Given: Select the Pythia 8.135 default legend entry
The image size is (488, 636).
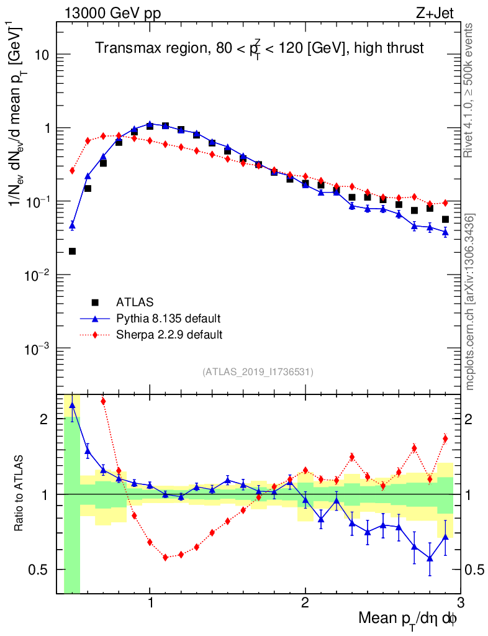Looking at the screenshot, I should [x=168, y=319].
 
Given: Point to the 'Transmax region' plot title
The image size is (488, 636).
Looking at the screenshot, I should [x=259, y=48].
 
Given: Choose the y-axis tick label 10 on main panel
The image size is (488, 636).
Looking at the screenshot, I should [x=42, y=55].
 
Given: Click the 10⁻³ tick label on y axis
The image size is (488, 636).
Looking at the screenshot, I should [x=38, y=348].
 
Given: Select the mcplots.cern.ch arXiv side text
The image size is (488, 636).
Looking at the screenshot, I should [x=470, y=302].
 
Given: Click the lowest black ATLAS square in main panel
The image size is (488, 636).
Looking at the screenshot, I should [x=72, y=251].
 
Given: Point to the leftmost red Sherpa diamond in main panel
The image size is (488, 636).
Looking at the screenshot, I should [x=72, y=170].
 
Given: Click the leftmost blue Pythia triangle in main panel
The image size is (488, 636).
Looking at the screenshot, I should [x=72, y=225].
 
